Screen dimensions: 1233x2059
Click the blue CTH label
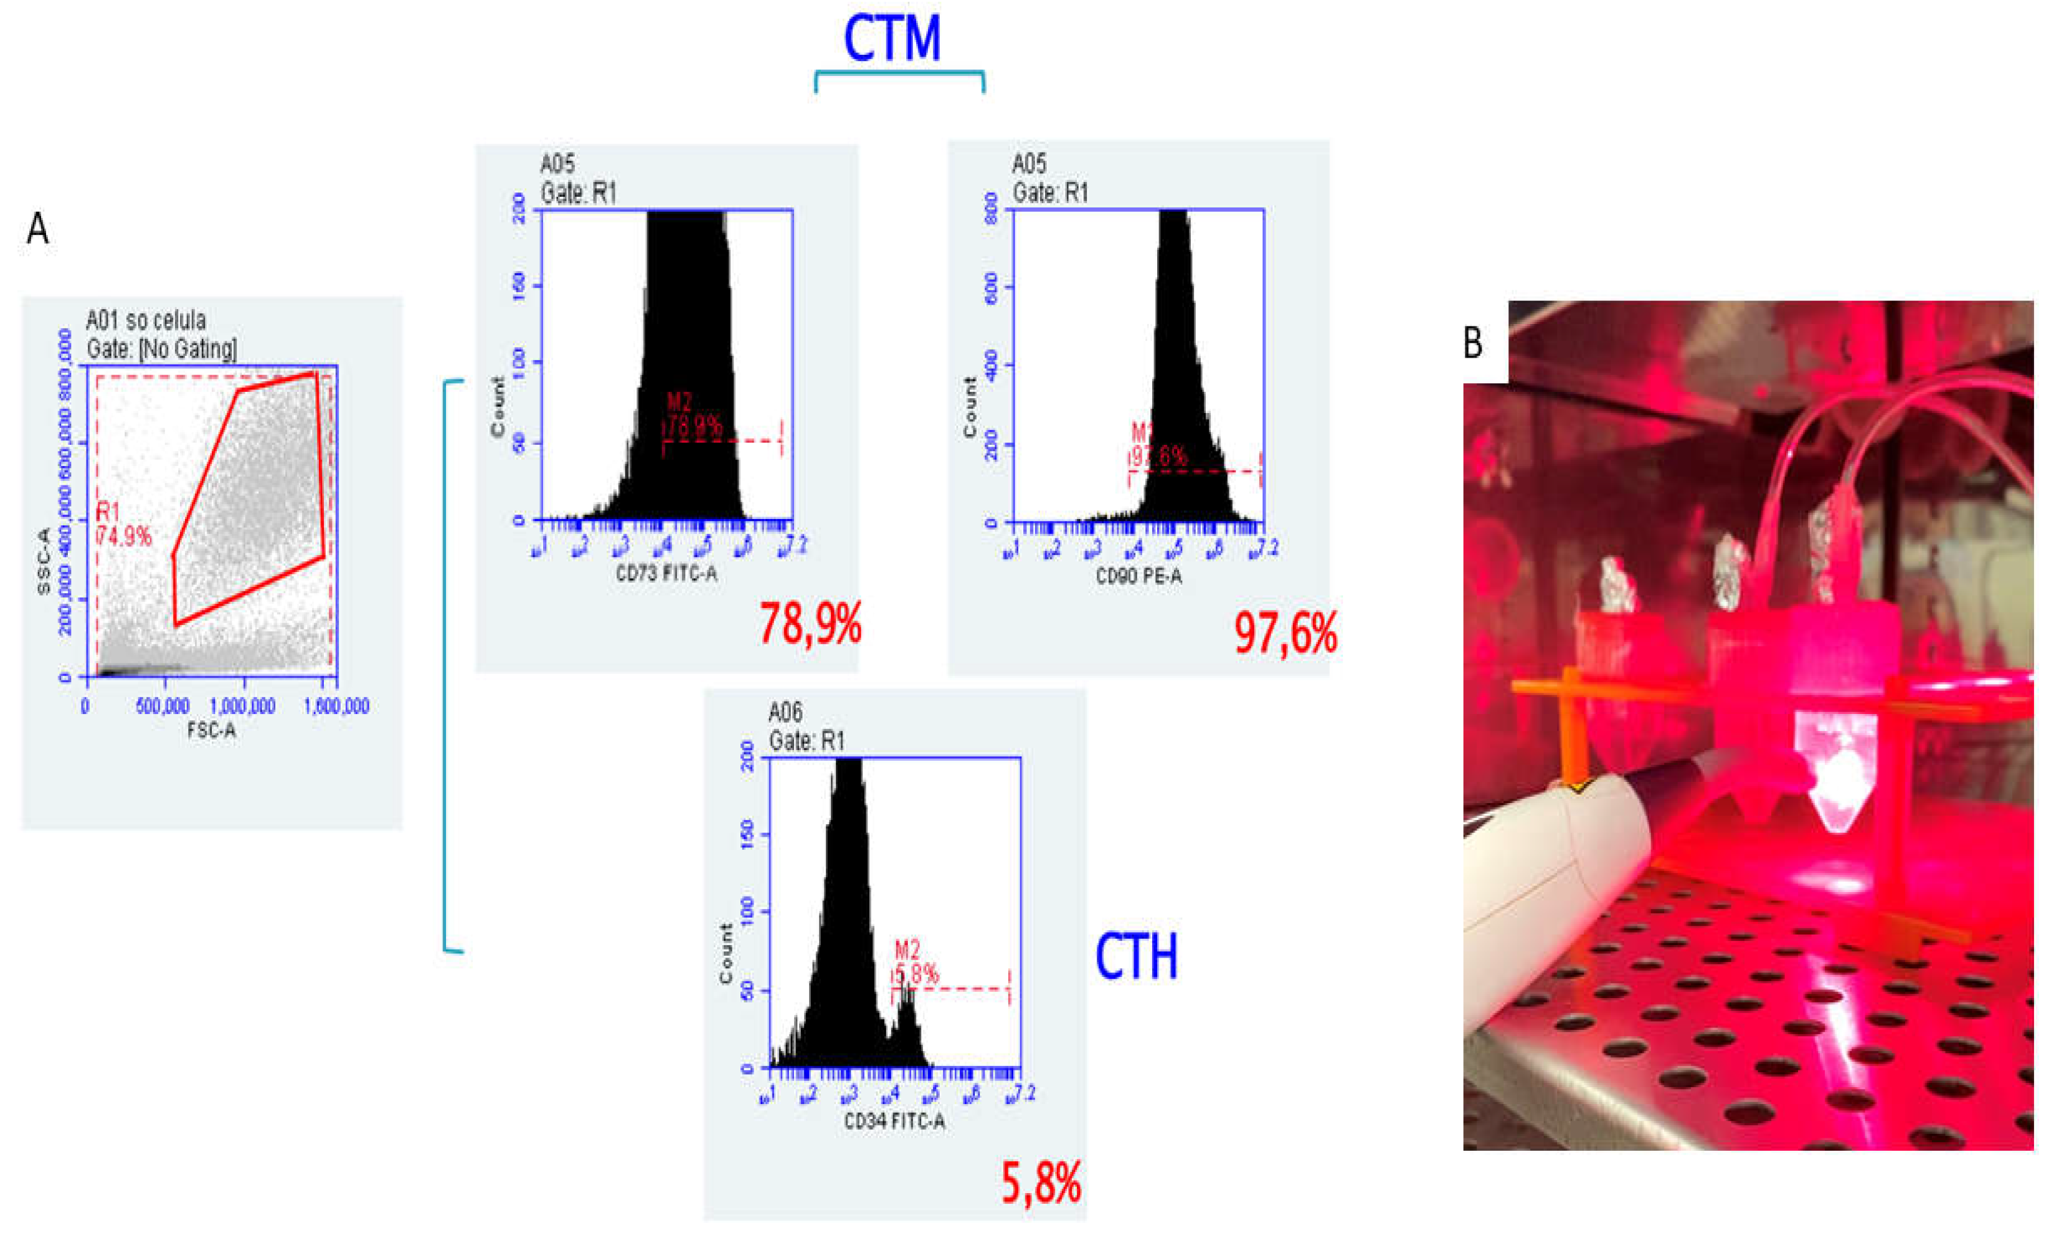(1135, 956)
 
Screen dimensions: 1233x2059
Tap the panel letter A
(37, 229)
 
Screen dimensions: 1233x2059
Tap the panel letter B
(1472, 342)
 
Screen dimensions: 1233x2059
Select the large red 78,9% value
(810, 624)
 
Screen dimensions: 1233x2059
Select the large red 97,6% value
(1285, 633)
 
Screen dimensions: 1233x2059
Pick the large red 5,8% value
(1041, 1183)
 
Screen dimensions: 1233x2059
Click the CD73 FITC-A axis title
(666, 573)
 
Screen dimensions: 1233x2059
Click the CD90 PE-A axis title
(1138, 576)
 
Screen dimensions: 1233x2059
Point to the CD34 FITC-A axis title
(894, 1121)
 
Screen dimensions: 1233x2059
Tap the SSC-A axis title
(44, 561)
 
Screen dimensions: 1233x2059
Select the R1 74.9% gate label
(123, 524)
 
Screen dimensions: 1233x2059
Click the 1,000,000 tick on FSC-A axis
(242, 707)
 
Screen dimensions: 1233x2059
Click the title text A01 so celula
(146, 321)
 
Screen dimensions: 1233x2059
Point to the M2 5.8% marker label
(916, 962)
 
